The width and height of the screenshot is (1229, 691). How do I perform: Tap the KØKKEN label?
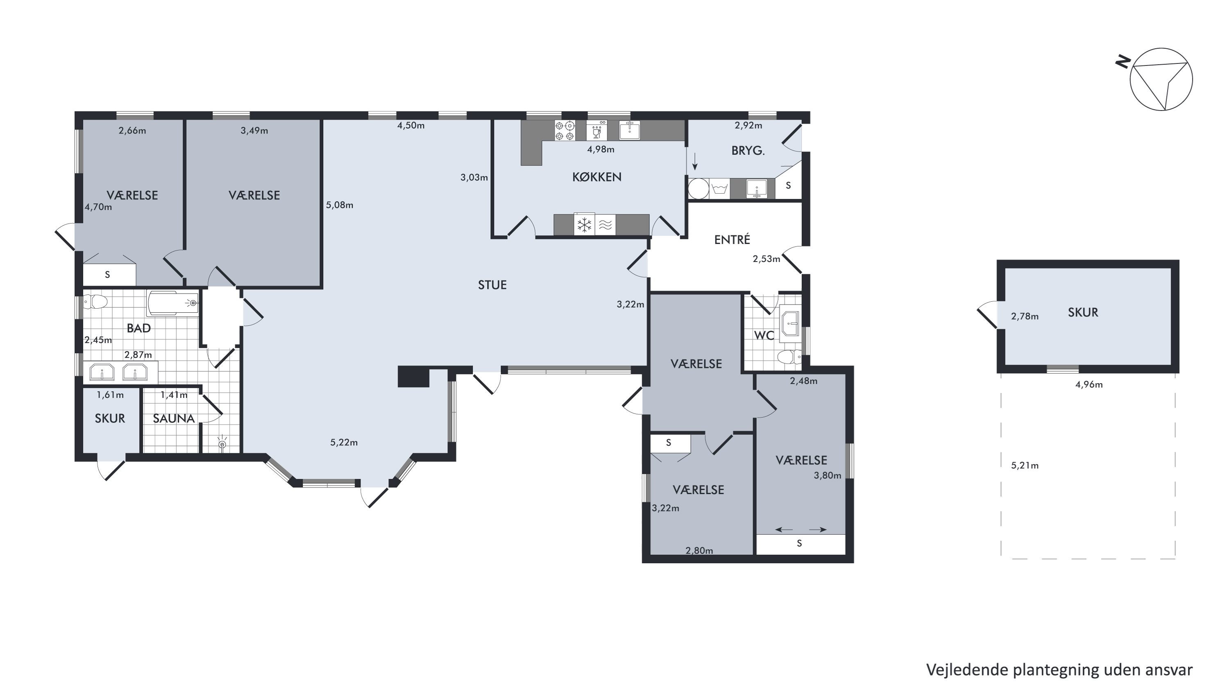tap(596, 177)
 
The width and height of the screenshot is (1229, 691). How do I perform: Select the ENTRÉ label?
tap(732, 239)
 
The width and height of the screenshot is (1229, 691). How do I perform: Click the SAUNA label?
tap(174, 418)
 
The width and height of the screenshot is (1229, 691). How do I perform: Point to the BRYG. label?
tap(748, 151)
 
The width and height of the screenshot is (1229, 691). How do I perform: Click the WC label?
tap(764, 335)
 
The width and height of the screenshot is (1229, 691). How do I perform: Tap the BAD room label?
tap(138, 328)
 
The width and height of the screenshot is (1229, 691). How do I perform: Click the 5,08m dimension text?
tap(339, 205)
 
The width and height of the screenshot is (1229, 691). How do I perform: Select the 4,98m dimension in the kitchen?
tap(600, 149)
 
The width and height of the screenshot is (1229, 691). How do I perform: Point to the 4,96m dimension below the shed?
tap(1089, 384)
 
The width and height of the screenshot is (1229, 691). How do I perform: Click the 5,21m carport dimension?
tap(1025, 465)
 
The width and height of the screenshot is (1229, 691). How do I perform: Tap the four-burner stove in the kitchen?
tap(565, 131)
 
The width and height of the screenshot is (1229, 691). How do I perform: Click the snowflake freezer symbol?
tap(585, 225)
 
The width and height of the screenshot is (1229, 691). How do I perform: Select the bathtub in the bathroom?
tap(173, 303)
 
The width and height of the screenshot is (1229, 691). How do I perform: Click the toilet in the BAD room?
tap(95, 302)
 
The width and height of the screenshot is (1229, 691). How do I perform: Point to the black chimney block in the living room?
tap(414, 377)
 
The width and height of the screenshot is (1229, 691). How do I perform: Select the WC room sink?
tap(791, 324)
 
